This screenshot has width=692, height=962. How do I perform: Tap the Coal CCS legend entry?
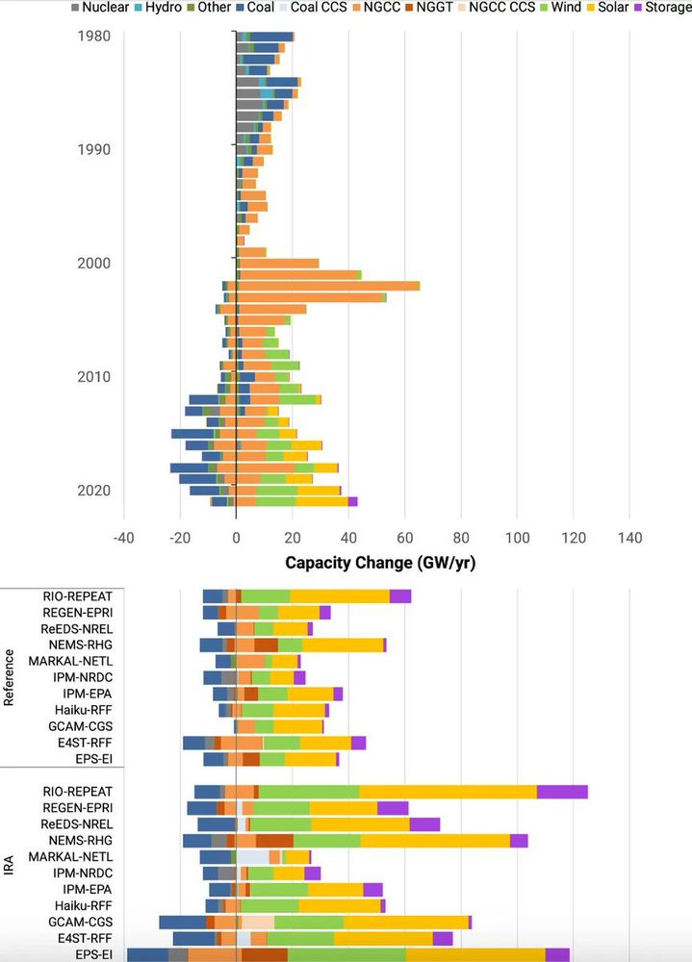[x=319, y=8]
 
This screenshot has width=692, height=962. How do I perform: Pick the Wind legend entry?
[x=556, y=8]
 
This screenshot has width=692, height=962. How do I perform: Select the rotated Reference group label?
[x=10, y=678]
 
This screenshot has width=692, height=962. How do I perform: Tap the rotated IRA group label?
[x=10, y=857]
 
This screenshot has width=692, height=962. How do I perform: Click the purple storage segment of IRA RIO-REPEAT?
[x=562, y=792]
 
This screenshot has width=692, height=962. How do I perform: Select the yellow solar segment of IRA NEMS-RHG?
[x=435, y=841]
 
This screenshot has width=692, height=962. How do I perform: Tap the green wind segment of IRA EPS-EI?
[x=346, y=955]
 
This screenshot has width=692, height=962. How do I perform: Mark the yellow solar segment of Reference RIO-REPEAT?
[x=340, y=595]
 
